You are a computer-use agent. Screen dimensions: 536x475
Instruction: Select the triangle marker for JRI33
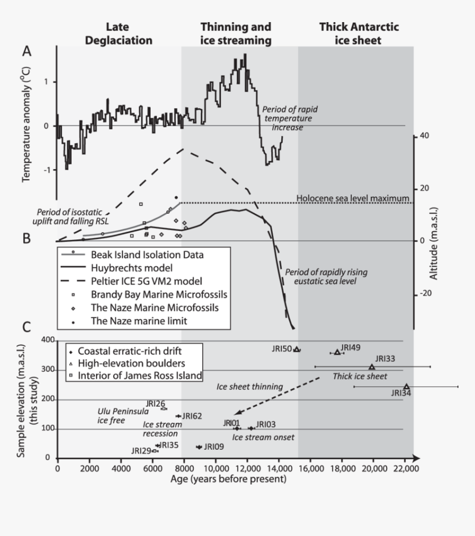click(x=372, y=366)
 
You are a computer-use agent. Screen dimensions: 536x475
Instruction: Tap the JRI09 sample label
click(x=214, y=446)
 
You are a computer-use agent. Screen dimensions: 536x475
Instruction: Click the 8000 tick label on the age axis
click(x=184, y=467)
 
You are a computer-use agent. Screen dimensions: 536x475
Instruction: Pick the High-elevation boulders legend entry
click(x=131, y=364)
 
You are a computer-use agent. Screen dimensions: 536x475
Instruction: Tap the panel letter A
click(x=27, y=51)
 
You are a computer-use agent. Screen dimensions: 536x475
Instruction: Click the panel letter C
click(x=27, y=326)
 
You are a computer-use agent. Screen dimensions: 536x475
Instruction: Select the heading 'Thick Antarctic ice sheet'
click(x=359, y=33)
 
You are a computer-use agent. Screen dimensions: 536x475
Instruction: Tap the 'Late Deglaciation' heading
click(x=129, y=33)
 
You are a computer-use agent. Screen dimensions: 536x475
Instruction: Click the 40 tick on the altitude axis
click(x=426, y=136)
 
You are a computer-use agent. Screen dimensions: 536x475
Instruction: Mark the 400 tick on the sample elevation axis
click(x=47, y=341)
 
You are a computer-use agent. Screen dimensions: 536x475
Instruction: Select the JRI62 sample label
click(x=192, y=416)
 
